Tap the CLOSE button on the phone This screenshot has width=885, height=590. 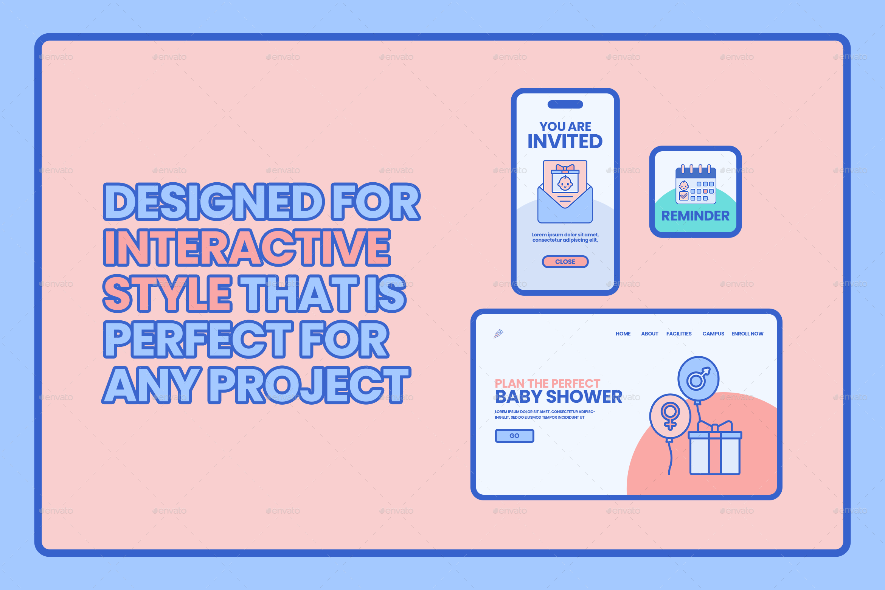565,262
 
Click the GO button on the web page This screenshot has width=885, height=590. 514,436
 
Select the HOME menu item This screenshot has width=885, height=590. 623,334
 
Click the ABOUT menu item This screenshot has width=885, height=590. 649,334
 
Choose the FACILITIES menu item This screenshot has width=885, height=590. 679,334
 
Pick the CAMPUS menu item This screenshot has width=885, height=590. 713,334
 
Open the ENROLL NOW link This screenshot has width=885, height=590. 747,334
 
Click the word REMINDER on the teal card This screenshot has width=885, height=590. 695,216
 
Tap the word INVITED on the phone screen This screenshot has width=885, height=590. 565,142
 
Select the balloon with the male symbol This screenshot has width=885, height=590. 698,378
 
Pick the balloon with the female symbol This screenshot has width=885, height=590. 670,416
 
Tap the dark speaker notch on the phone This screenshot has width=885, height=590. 565,104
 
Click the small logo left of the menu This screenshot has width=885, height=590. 498,334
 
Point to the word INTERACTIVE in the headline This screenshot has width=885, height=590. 247,248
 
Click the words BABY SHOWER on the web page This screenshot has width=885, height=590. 558,397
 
